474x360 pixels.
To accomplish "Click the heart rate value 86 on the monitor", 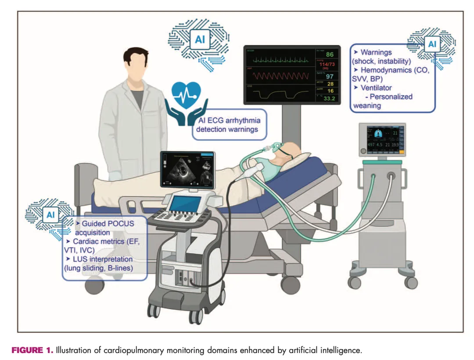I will pos(330,55).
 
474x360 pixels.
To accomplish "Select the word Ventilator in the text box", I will pos(376,88).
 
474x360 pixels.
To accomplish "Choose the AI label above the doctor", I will pos(200,40).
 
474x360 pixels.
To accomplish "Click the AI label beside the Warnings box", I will pos(432,44).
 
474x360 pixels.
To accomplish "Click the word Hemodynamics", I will pos(386,70).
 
